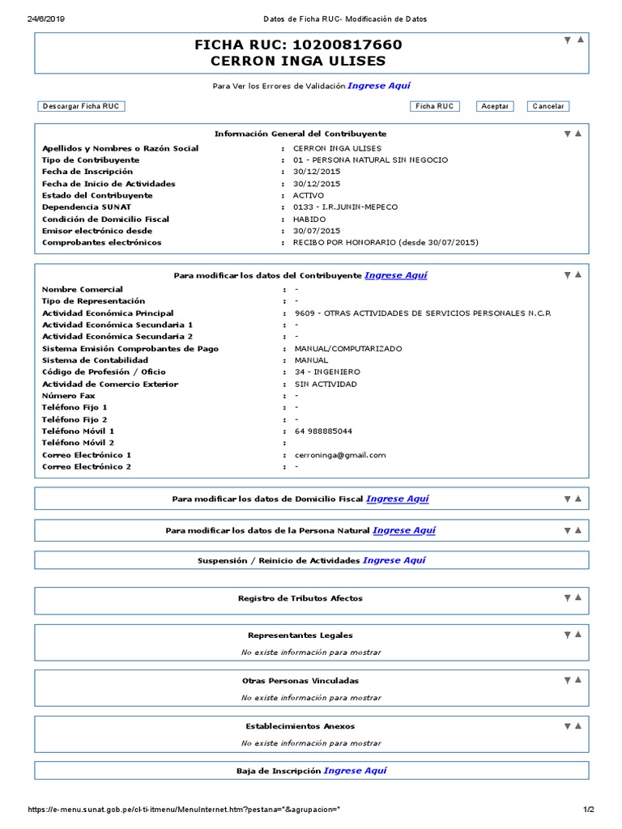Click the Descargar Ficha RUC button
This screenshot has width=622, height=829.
tap(82, 106)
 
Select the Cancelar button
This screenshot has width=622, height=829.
tap(548, 106)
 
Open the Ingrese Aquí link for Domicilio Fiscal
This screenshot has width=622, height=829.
tap(397, 499)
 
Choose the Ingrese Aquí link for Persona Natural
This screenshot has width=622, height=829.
tap(403, 530)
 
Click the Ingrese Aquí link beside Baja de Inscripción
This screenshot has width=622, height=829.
tap(355, 771)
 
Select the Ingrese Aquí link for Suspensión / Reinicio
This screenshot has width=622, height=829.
tap(394, 560)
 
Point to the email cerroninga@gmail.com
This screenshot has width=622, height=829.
tap(339, 455)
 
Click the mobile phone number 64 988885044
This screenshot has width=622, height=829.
tap(323, 432)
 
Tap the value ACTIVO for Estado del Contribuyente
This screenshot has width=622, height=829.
tap(308, 195)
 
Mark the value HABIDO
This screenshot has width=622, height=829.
tap(309, 219)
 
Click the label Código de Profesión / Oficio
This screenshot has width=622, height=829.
tap(104, 372)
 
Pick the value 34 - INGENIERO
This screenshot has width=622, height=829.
tap(327, 372)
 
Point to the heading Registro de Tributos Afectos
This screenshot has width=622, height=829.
tap(300, 598)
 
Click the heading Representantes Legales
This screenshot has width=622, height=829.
tap(300, 636)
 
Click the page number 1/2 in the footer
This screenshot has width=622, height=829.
tap(589, 810)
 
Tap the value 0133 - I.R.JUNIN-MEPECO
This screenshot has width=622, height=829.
tap(345, 207)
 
